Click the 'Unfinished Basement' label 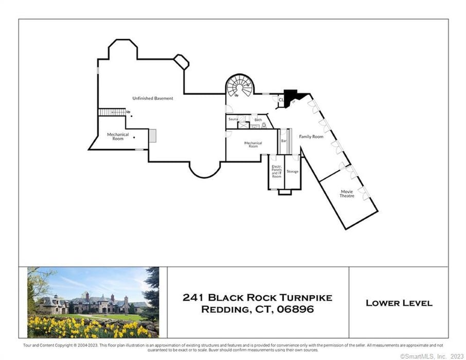(152, 98)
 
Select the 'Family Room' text (311, 137)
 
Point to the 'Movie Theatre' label (347, 193)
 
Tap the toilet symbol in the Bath (263, 125)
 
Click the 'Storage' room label (292, 171)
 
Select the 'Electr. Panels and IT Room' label (276, 171)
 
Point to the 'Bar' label (283, 140)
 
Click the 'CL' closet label (281, 100)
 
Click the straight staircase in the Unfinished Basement (112, 112)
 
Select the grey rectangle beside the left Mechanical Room (152, 135)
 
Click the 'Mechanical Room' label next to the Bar (253, 145)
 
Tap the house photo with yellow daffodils (93, 302)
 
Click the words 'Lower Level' (399, 303)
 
